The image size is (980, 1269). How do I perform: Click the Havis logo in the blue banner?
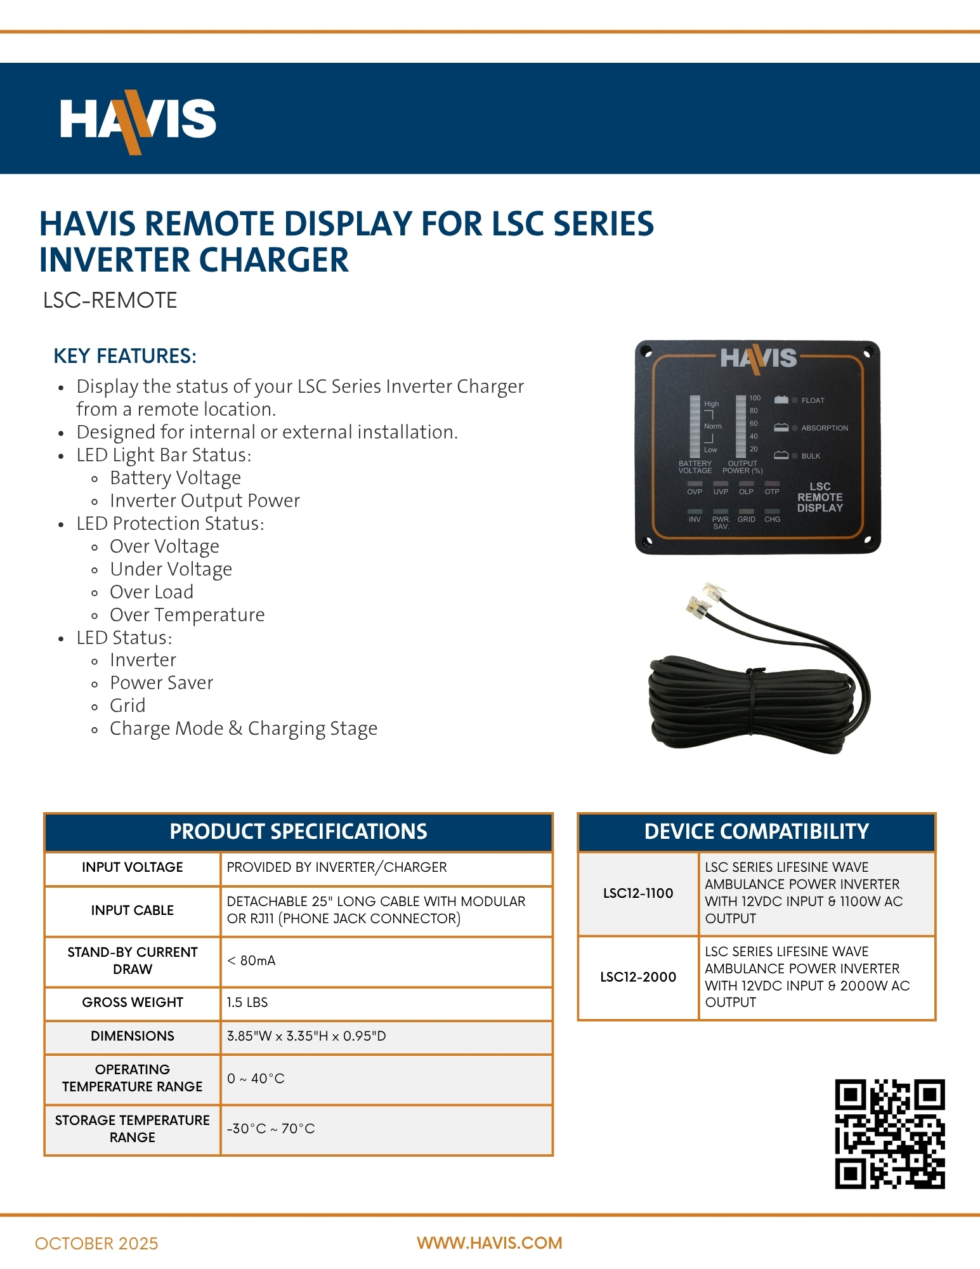click(x=138, y=121)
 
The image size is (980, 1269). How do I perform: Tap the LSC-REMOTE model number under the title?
click(x=110, y=300)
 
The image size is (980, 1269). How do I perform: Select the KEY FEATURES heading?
click(x=125, y=356)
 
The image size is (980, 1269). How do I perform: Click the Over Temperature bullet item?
click(x=187, y=615)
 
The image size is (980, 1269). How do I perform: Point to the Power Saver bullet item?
click(x=161, y=683)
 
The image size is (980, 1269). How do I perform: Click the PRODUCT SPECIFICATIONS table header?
click(x=298, y=831)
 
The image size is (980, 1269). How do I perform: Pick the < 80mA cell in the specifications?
click(x=251, y=961)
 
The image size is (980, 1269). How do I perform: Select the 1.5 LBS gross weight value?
click(x=247, y=1003)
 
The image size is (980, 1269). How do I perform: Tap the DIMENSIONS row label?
click(x=132, y=1036)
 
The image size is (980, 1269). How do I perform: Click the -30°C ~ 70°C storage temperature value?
click(x=271, y=1129)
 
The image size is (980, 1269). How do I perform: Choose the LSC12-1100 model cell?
click(x=637, y=893)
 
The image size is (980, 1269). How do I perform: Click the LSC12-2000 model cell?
click(x=637, y=977)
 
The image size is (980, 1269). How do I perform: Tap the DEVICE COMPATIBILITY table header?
click(x=756, y=831)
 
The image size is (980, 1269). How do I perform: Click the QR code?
click(x=889, y=1133)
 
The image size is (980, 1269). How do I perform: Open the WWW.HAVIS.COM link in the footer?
click(x=489, y=1243)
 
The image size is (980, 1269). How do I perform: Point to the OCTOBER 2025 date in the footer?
click(x=96, y=1244)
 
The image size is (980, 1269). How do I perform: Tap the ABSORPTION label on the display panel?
click(x=824, y=428)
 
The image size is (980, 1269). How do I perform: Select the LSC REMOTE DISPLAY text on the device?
click(x=820, y=497)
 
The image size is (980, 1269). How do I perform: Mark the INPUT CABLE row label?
click(x=132, y=911)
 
